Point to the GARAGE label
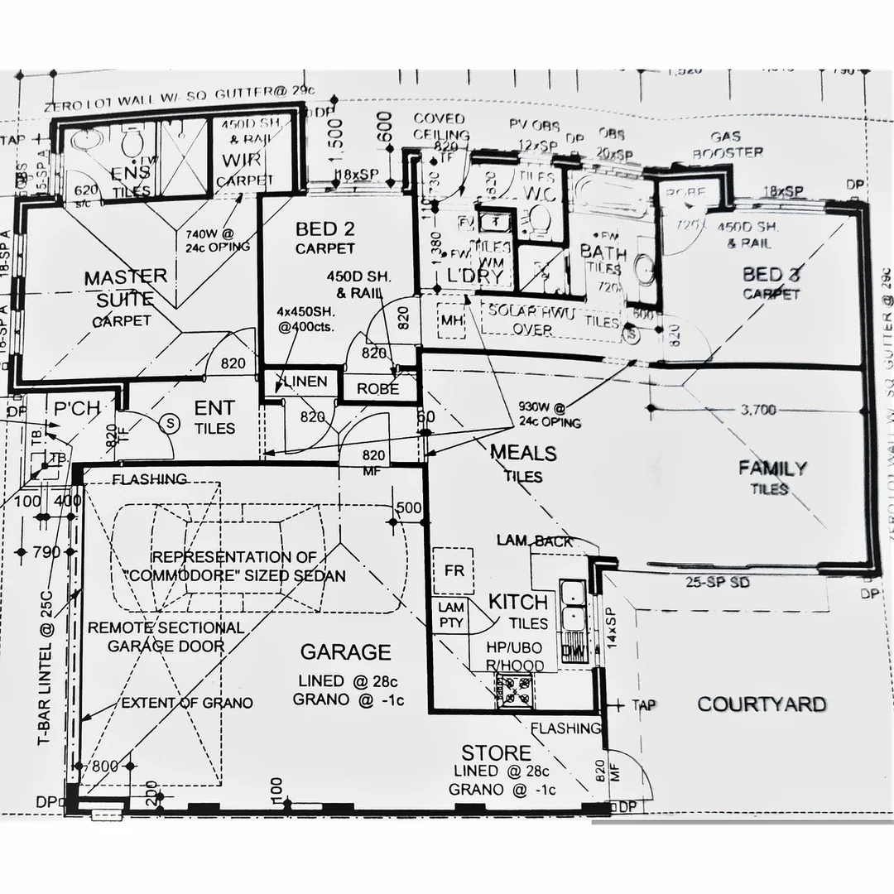tap(345, 652)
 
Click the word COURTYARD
tap(761, 704)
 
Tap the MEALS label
tap(523, 454)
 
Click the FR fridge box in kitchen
tap(454, 571)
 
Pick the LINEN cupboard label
tap(305, 382)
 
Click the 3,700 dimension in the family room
tap(758, 408)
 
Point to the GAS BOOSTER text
tap(727, 145)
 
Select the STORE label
tap(496, 752)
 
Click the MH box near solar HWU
tap(451, 320)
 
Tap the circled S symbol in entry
tap(171, 421)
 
